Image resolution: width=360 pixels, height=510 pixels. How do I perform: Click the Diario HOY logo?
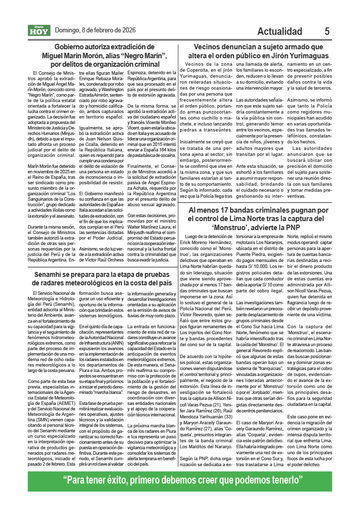tap(39, 30)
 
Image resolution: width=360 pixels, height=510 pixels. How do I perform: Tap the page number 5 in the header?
tap(327, 31)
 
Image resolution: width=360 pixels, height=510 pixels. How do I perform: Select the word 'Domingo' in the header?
tap(68, 30)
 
